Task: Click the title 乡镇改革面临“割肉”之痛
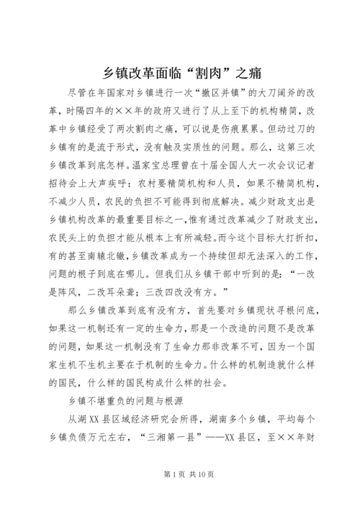point(180,73)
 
